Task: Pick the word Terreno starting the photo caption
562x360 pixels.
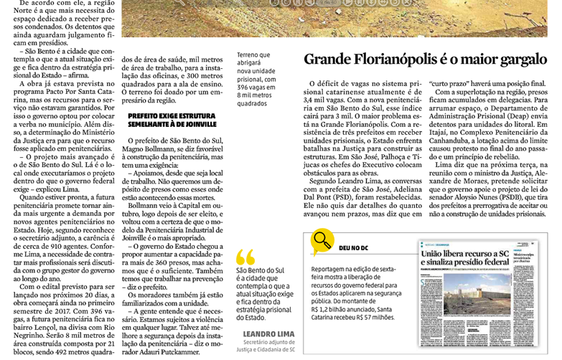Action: point(253,55)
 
